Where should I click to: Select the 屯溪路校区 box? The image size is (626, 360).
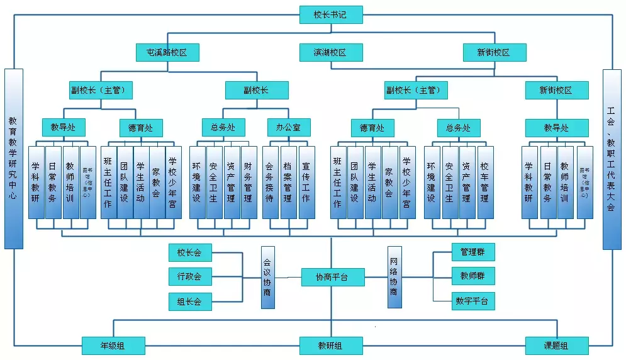(168, 52)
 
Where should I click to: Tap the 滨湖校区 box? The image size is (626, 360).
(330, 52)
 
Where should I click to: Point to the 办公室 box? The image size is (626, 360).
(288, 128)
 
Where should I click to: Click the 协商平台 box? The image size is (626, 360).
(332, 277)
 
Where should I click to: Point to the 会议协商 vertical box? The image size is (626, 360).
(269, 277)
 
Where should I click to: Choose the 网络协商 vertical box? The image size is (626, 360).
(394, 277)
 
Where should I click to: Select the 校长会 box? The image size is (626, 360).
(190, 253)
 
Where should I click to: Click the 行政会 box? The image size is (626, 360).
(190, 276)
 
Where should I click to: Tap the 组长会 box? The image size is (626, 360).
(190, 301)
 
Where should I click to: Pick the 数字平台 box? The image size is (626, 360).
(473, 301)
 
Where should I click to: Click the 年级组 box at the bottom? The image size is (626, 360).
(113, 346)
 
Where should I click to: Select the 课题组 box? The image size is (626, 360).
(557, 346)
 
